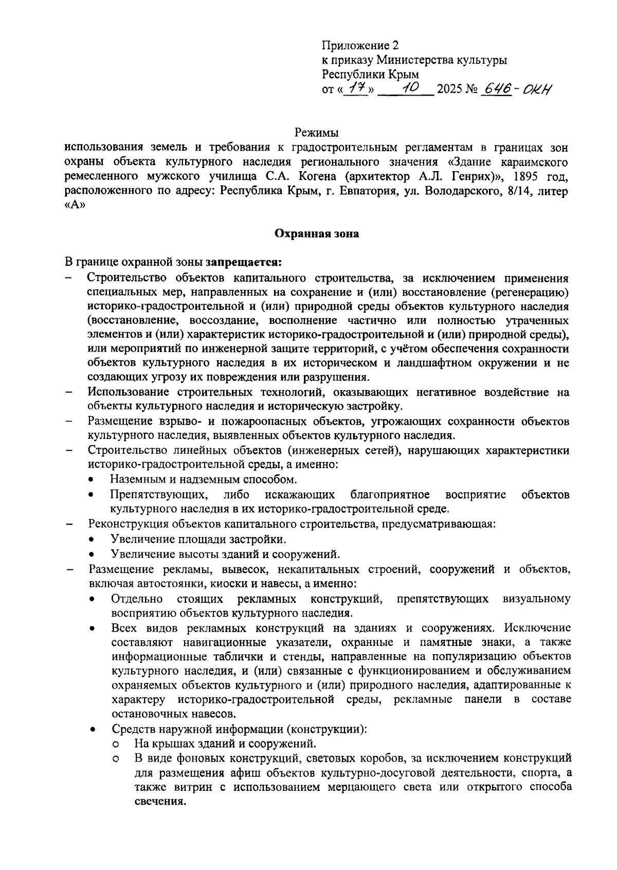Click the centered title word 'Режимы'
[317, 134]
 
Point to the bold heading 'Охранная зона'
[317, 234]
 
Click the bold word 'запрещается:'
[244, 263]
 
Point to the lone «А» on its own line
[74, 206]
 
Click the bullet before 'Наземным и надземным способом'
[91, 480]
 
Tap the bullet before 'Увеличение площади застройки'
[91, 540]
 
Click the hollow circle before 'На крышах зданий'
[116, 744]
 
